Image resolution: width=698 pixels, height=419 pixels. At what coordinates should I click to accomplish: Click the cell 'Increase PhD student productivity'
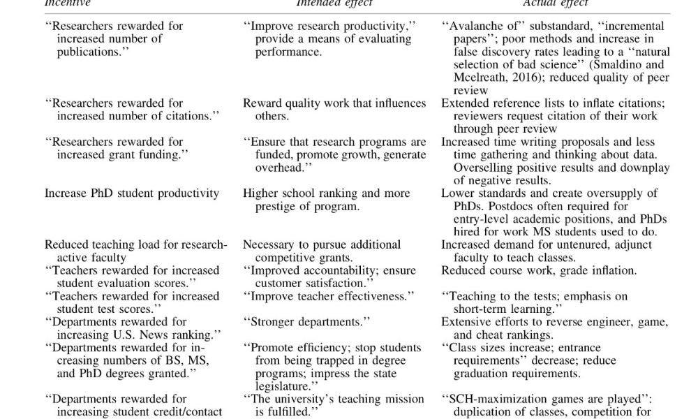(x=132, y=193)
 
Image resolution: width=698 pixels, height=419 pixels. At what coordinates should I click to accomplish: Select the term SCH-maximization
(x=491, y=399)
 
